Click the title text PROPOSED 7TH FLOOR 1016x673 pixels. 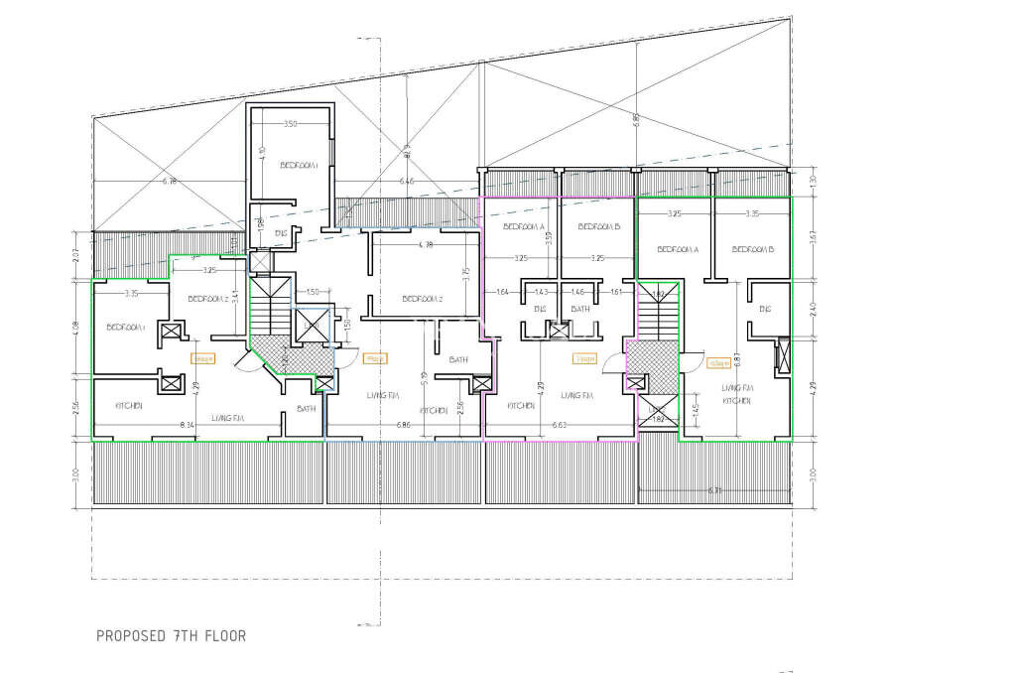[171, 635]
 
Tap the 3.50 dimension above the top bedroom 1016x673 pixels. [290, 124]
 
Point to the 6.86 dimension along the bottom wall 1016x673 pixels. [403, 425]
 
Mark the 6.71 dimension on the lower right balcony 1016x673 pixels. [714, 490]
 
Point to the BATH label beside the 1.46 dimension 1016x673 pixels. [580, 309]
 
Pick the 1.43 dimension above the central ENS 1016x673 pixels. [541, 292]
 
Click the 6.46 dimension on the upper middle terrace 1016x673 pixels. [406, 182]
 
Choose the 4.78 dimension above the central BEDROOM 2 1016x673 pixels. [426, 244]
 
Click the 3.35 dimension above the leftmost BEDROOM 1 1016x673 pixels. [132, 294]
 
